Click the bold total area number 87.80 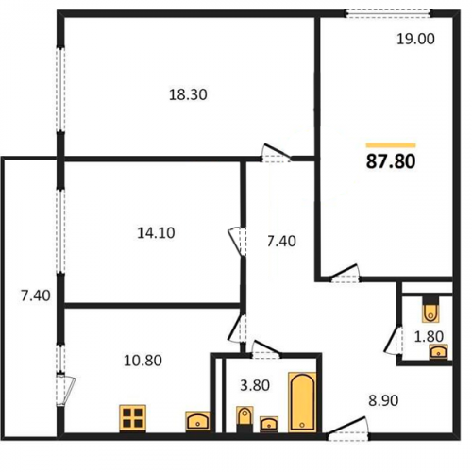point(391,161)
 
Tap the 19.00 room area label point(415,40)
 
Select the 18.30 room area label point(188,94)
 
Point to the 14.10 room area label point(156,233)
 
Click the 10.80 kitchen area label point(143,361)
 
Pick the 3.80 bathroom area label point(255,385)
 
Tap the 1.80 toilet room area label point(429,336)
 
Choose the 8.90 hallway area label point(383,400)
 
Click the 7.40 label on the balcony point(36,296)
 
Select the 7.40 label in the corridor point(281,242)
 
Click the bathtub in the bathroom point(302,402)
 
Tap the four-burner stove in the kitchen point(132,418)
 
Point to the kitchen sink point(197,421)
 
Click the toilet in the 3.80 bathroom point(244,419)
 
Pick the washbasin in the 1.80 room point(439,352)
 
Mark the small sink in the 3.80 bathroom point(269,424)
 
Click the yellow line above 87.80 point(391,145)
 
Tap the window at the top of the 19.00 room point(389,13)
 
